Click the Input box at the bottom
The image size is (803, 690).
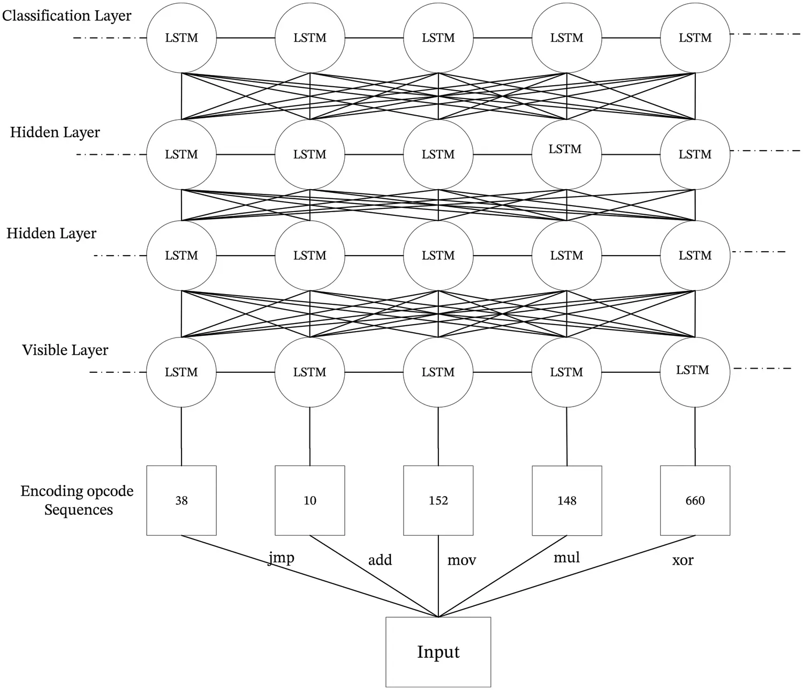(x=438, y=652)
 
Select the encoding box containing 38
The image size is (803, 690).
(x=181, y=500)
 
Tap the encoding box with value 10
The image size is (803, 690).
(x=310, y=500)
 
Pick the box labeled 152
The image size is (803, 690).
(x=438, y=500)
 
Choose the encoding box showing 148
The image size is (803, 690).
(x=566, y=500)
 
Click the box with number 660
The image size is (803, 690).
(x=695, y=500)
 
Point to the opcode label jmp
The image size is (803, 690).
(x=281, y=558)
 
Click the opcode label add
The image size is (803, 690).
(x=380, y=560)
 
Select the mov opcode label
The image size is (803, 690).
(x=461, y=560)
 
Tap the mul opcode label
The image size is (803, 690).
(x=566, y=558)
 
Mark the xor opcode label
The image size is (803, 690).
(x=683, y=560)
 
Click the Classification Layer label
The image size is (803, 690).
(x=66, y=16)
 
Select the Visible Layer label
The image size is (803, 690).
(x=65, y=350)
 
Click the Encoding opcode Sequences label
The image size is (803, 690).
(x=77, y=500)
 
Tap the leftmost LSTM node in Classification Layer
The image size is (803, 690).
(x=181, y=38)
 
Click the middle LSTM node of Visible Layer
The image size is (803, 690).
(x=438, y=372)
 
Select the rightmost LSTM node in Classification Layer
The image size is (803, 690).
(x=695, y=38)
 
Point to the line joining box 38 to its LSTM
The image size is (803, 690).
(x=181, y=437)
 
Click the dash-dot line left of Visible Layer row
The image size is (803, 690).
(x=118, y=372)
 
